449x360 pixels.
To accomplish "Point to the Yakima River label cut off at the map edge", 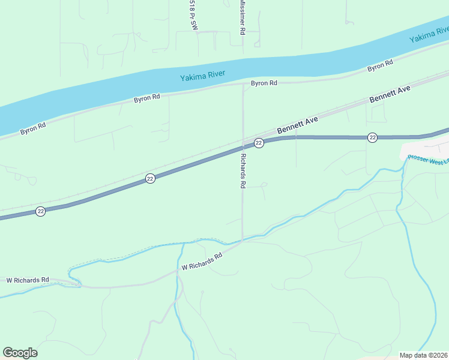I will pos(429,35).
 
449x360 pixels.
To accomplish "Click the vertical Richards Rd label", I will pos(243,171).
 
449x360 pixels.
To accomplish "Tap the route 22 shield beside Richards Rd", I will pos(259,143).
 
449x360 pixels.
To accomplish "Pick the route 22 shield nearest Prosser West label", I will pos(373,137).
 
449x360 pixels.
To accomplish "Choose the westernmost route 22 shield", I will pos(40,211).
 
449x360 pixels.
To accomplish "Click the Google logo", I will pos(20,353).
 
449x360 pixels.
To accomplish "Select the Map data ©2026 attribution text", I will pos(423,355).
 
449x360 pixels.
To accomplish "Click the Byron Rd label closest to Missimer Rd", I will pos(264,83).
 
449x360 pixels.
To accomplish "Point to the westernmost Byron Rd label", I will pos(33,128).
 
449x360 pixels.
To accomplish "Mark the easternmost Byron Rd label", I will pos(380,65).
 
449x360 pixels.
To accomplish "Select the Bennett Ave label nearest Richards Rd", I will pos(297,125).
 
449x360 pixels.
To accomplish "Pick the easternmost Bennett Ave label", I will pos(390,94).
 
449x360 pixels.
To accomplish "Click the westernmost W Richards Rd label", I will pos(27,280).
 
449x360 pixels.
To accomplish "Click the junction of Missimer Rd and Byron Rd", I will pos(243,85).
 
